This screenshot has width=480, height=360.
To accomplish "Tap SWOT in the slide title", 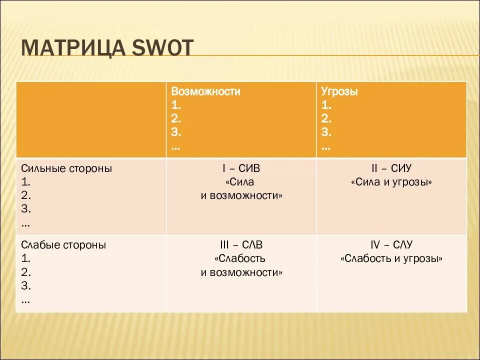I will pyautogui.click(x=162, y=48).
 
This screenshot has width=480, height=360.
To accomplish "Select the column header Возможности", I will pyautogui.click(x=205, y=92).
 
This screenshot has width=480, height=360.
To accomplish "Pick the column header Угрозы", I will pyautogui.click(x=339, y=92).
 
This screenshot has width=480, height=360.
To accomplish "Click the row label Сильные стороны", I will pyautogui.click(x=66, y=168).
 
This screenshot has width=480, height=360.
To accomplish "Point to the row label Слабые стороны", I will pyautogui.click(x=63, y=245).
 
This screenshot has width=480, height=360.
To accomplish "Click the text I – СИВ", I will pyautogui.click(x=241, y=168).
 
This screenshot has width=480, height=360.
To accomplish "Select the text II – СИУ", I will pyautogui.click(x=391, y=168).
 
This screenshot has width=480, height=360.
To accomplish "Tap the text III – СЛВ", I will pyautogui.click(x=241, y=245).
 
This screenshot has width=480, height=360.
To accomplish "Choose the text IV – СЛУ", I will pyautogui.click(x=391, y=245).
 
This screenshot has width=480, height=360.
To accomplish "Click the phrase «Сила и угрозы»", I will pyautogui.click(x=391, y=182).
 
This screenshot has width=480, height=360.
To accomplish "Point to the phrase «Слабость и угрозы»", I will pyautogui.click(x=391, y=259).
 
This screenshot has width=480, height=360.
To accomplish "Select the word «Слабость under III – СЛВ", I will pyautogui.click(x=241, y=259).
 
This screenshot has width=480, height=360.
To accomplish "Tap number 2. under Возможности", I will pyautogui.click(x=176, y=119).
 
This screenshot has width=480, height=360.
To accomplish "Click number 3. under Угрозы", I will pyautogui.click(x=326, y=132).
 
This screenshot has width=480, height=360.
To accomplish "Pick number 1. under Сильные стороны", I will pyautogui.click(x=26, y=182).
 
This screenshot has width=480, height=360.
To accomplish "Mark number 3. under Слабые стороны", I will pyautogui.click(x=26, y=286).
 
